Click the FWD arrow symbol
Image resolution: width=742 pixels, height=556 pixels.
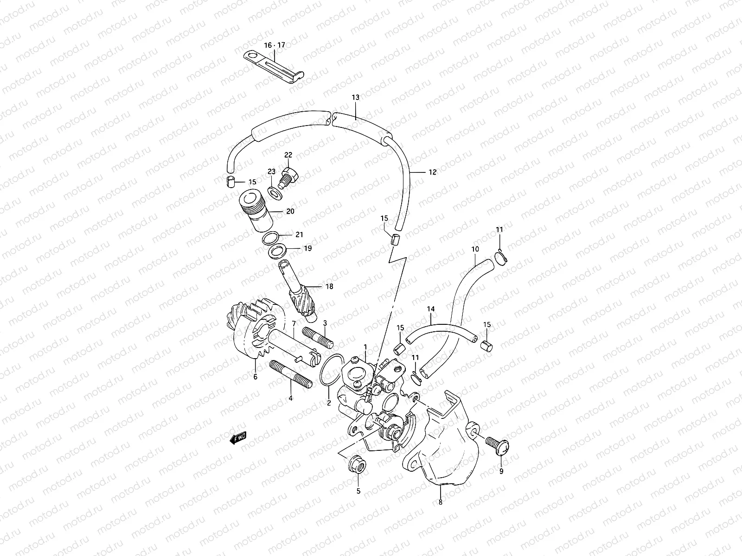point(239,437)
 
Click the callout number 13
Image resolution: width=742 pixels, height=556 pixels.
point(355,98)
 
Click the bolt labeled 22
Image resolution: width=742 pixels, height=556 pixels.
point(289,177)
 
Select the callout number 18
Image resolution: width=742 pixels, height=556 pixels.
point(329,287)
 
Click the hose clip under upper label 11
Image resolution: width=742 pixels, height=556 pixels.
point(501,256)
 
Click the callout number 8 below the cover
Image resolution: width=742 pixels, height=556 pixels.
point(440,502)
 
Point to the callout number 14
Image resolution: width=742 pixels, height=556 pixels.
point(431,308)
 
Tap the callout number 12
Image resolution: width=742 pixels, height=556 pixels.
point(432,172)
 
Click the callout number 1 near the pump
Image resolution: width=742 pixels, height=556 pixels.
point(365,347)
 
